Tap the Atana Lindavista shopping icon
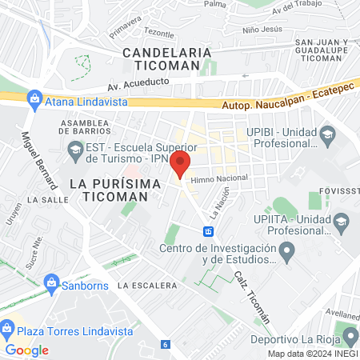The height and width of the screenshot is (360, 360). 34,98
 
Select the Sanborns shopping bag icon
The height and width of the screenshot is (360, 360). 52,282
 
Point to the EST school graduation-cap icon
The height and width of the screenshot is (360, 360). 74,148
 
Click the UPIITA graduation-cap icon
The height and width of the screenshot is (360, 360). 342,221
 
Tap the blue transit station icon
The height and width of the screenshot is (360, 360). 208,231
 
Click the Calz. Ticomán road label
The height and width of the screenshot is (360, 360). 251,296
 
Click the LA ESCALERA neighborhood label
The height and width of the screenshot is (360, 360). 146,285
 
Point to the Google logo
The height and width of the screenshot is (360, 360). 26,350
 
